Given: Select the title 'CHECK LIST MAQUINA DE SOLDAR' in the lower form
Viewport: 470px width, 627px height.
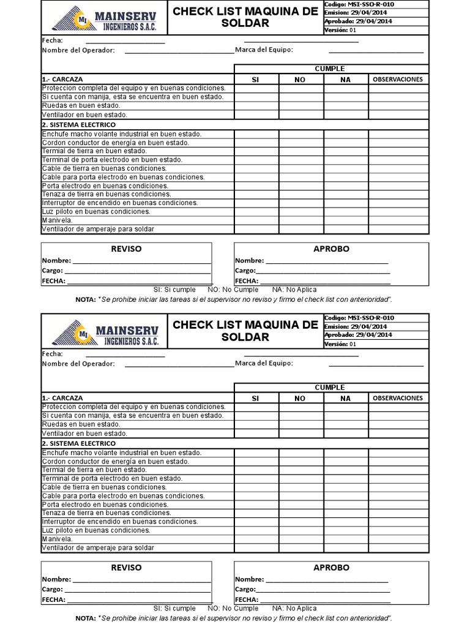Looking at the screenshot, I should point(245,331).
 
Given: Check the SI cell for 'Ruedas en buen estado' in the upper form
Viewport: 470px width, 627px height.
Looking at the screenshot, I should point(256,105).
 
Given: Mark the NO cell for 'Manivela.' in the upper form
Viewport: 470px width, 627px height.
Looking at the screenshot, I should point(301,220).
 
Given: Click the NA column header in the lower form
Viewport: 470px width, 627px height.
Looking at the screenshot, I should point(345,399).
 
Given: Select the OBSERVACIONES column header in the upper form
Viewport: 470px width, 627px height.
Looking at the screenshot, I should point(398,80).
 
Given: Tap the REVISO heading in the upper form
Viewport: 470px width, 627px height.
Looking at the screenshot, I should point(126,249).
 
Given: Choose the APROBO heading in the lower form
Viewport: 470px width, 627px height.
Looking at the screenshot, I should point(331,568).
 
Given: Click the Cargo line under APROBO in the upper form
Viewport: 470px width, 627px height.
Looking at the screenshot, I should point(321,271).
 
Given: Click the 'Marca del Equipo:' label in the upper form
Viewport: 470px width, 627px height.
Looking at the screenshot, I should point(264,50).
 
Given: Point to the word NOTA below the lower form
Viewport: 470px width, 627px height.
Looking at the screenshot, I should point(84,618).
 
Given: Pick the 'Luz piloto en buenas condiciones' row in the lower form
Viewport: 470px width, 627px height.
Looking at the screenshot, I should point(97,530).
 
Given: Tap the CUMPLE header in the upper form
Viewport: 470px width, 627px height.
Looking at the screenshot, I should point(329,69).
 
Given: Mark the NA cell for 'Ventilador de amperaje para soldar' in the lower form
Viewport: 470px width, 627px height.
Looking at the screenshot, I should point(345,548).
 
